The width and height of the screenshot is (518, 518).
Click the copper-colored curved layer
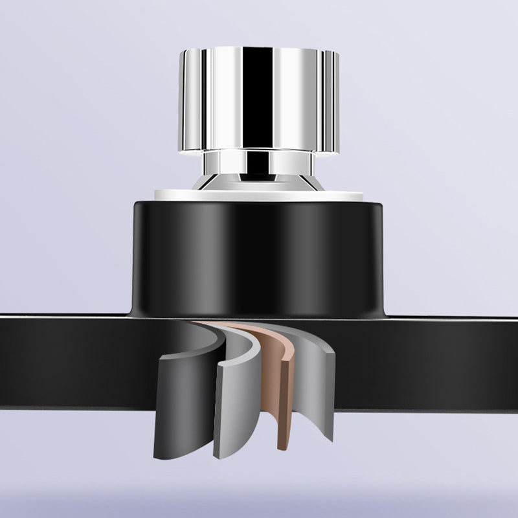point(282,395)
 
